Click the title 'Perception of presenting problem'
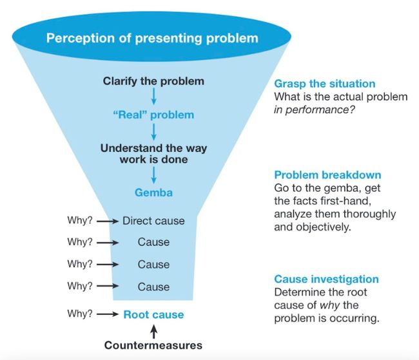click(x=152, y=38)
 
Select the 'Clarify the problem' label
click(x=153, y=81)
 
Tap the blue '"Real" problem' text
click(x=153, y=115)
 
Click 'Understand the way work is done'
click(x=153, y=153)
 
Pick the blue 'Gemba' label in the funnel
click(x=153, y=192)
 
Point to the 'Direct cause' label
click(x=153, y=221)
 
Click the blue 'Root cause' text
click(x=153, y=314)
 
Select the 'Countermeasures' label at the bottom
click(x=153, y=345)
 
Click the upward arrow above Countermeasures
click(x=153, y=330)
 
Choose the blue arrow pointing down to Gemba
click(x=153, y=175)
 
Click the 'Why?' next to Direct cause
click(x=80, y=221)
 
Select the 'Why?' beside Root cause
click(x=80, y=314)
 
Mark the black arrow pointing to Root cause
click(x=107, y=315)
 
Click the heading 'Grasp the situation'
click(x=325, y=84)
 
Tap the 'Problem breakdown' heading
click(x=326, y=175)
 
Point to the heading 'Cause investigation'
click(x=326, y=279)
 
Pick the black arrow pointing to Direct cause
click(x=107, y=222)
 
